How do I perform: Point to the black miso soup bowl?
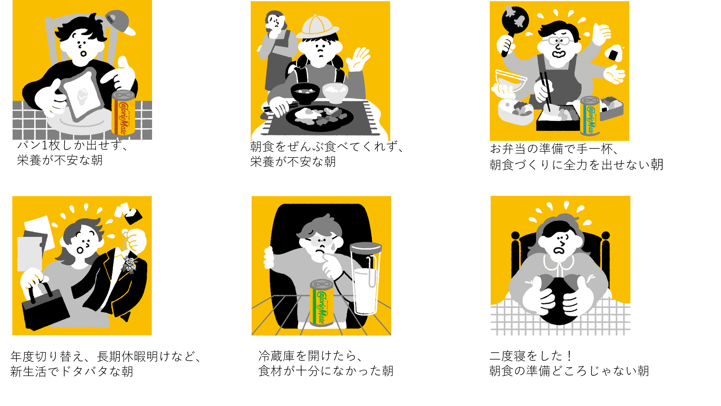click(305, 93)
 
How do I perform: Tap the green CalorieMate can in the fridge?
click(322, 303)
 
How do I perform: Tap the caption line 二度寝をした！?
click(531, 356)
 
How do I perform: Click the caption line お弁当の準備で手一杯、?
click(554, 149)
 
